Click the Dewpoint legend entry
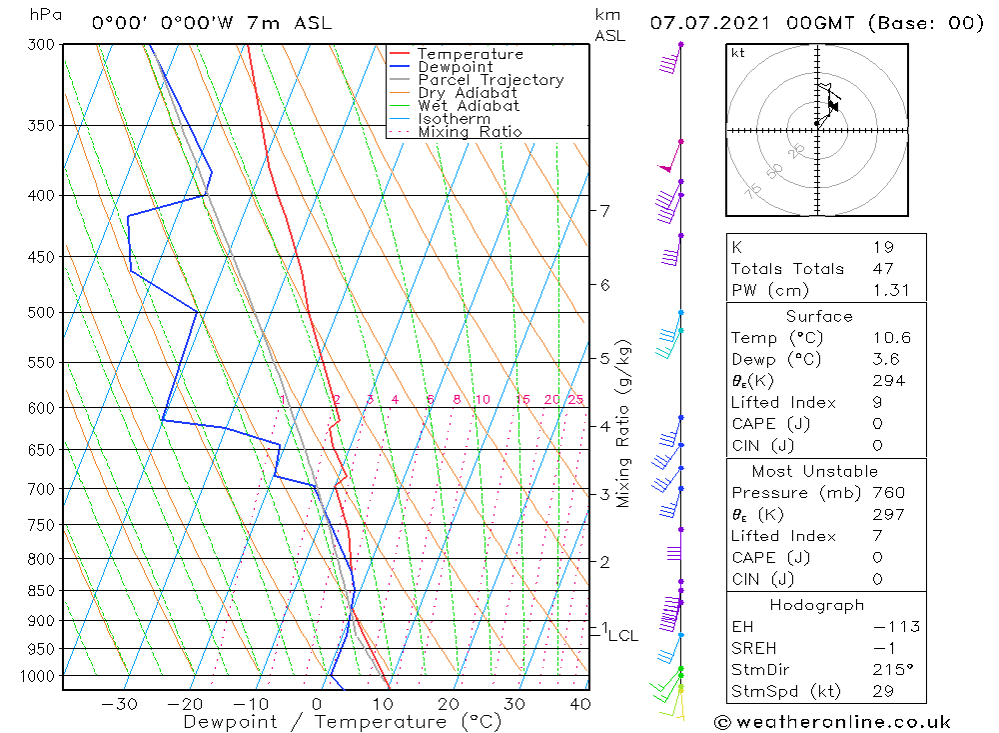tap(455, 67)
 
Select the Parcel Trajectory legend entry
tap(491, 80)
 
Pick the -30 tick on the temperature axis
tap(119, 703)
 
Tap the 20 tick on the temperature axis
tap(449, 703)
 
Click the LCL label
tap(623, 635)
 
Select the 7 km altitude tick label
tap(604, 210)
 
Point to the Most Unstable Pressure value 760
tap(888, 493)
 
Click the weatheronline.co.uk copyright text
tap(832, 722)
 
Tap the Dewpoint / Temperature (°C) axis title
tap(343, 722)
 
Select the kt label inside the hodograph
tap(737, 53)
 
